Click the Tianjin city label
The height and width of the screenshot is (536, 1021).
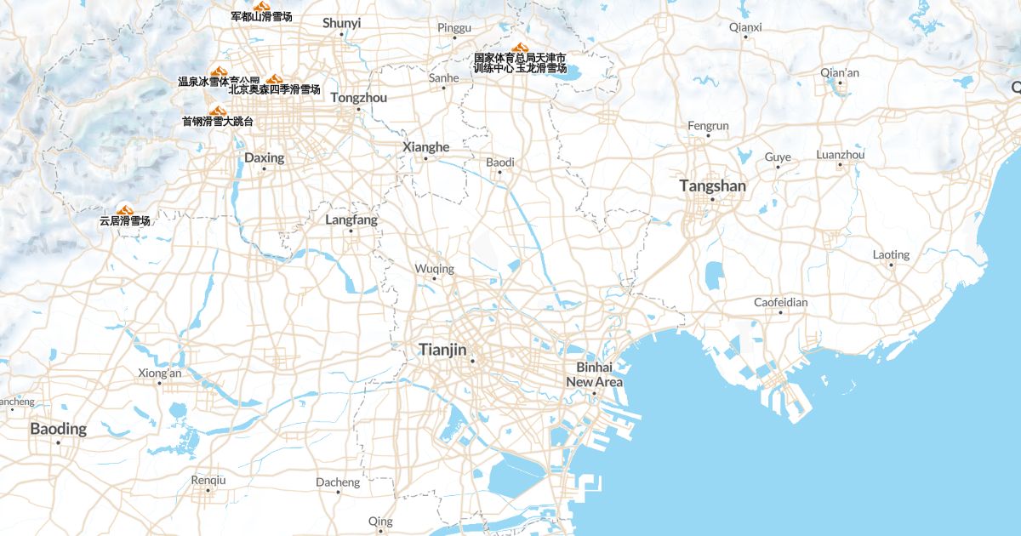tap(442, 349)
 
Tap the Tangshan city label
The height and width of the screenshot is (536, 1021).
tap(712, 185)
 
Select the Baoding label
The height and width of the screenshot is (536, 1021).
tap(58, 429)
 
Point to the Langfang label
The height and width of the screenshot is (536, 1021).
tap(351, 220)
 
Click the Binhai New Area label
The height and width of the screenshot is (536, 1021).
tap(594, 374)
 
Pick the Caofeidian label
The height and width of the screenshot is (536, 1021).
tap(780, 302)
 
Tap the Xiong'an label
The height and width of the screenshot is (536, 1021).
tap(159, 373)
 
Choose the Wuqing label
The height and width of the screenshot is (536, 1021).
tap(434, 269)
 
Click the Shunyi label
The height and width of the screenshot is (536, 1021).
tap(341, 23)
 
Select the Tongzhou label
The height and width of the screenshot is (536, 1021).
tap(358, 98)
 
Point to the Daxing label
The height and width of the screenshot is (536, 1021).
tap(264, 157)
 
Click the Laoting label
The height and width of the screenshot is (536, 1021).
tap(891, 254)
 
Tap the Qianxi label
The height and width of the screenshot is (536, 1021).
tap(745, 26)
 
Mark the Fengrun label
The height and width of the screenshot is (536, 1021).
tap(708, 126)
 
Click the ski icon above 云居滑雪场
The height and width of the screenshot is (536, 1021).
tap(125, 208)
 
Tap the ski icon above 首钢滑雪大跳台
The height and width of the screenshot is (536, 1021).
tap(217, 111)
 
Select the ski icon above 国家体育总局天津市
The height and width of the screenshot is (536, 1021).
tap(519, 48)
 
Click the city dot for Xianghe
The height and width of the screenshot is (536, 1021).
tap(425, 158)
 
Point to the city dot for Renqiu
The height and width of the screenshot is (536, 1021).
tap(208, 492)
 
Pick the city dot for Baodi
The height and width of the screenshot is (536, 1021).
tap(499, 173)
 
